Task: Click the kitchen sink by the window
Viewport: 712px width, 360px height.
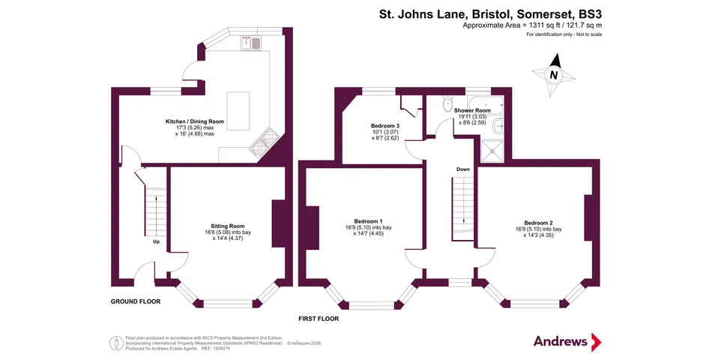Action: click(x=250, y=43)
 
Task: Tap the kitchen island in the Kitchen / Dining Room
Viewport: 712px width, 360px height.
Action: click(x=238, y=110)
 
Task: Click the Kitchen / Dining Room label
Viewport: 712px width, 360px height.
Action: click(x=195, y=121)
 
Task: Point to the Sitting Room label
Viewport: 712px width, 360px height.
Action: click(x=227, y=226)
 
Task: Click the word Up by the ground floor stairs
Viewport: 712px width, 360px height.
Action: click(x=156, y=242)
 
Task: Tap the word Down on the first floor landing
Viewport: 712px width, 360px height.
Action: click(x=463, y=169)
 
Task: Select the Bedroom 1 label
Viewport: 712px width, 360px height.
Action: click(x=369, y=221)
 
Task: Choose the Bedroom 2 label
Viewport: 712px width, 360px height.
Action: click(x=538, y=223)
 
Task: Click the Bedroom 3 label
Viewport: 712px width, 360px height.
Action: click(x=385, y=126)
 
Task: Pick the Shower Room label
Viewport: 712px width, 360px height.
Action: click(x=472, y=110)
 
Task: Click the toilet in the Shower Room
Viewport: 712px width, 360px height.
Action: click(x=448, y=103)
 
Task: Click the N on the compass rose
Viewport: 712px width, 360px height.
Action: click(x=553, y=75)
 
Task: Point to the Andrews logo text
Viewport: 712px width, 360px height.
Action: click(x=561, y=341)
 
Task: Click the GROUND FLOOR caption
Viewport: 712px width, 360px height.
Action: click(x=136, y=301)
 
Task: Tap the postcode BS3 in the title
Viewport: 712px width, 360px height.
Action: click(x=588, y=13)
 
